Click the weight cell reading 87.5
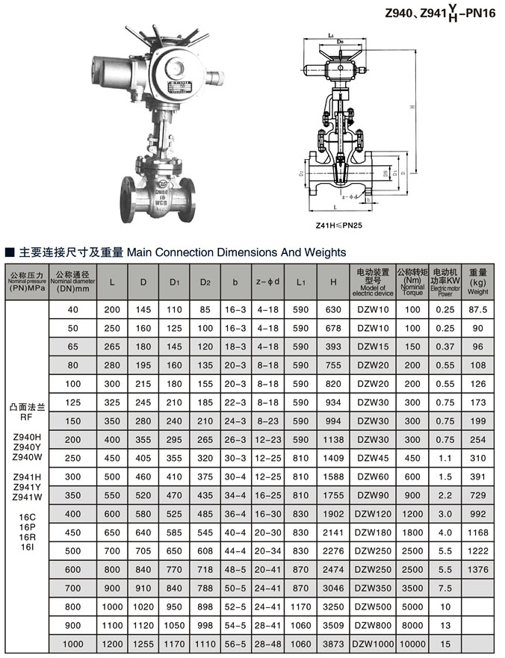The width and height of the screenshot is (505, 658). tap(477, 309)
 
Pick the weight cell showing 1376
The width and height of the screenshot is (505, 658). tap(477, 568)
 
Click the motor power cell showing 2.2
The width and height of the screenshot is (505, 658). tap(445, 494)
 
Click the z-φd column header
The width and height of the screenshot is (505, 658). tap(267, 282)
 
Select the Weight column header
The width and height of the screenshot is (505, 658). tap(477, 282)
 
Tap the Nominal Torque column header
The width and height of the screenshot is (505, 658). tap(412, 282)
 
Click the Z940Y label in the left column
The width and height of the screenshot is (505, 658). tap(27, 446)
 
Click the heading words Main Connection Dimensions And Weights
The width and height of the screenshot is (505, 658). tap(237, 252)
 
